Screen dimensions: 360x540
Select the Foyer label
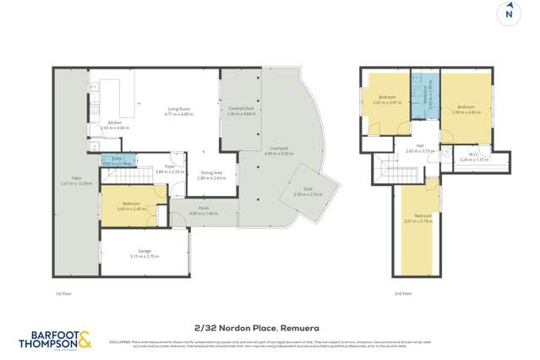pyautogui.click(x=169, y=168)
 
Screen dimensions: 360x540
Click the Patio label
pyautogui.click(x=75, y=181)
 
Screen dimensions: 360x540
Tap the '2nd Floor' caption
pyautogui.click(x=402, y=293)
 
